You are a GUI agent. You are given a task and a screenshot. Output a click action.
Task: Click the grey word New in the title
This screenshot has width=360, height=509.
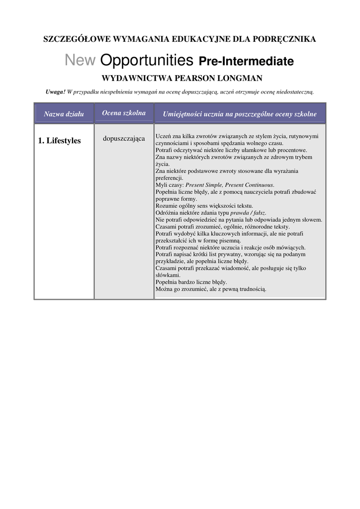pos(80,61)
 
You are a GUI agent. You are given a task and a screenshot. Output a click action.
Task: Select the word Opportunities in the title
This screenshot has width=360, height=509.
pos(147,61)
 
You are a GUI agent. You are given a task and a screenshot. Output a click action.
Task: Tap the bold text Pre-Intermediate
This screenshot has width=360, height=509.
pos(246,62)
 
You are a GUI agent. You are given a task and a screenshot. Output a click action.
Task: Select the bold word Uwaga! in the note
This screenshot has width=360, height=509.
pos(55,92)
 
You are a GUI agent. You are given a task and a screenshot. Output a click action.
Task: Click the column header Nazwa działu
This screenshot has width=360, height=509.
pos(64,114)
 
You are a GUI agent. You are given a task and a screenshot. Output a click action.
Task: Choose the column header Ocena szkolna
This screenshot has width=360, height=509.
pos(124,113)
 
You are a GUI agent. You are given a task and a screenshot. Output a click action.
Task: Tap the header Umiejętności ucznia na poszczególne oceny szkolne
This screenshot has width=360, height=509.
pos(240,114)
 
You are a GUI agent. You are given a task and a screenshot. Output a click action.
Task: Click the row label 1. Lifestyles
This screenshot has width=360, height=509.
pos(59,141)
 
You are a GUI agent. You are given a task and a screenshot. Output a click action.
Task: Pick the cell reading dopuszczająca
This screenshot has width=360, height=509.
pos(124,138)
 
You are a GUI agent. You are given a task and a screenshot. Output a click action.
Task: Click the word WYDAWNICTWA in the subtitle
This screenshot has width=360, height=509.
pos(134,78)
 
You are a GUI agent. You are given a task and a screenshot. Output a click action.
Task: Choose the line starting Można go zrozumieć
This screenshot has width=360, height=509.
pos(211,289)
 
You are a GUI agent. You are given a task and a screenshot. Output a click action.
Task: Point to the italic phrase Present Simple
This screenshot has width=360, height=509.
pos(204,184)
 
